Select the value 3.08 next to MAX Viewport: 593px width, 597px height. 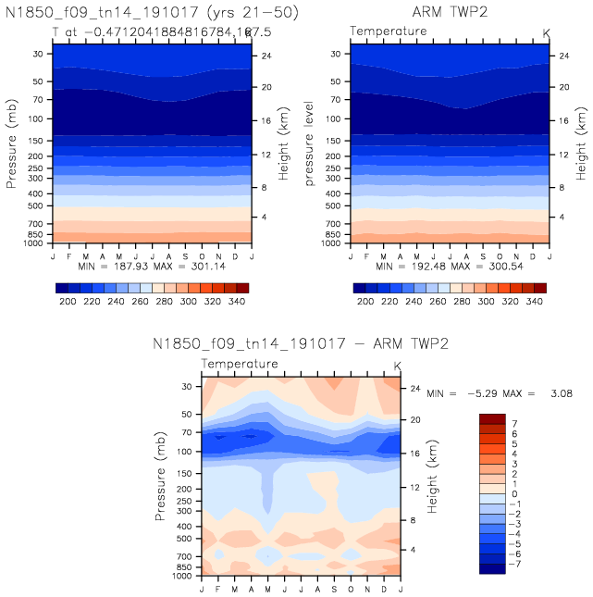(x=561, y=393)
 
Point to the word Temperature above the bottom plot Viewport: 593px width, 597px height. (x=240, y=364)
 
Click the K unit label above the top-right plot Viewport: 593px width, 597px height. (x=546, y=32)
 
